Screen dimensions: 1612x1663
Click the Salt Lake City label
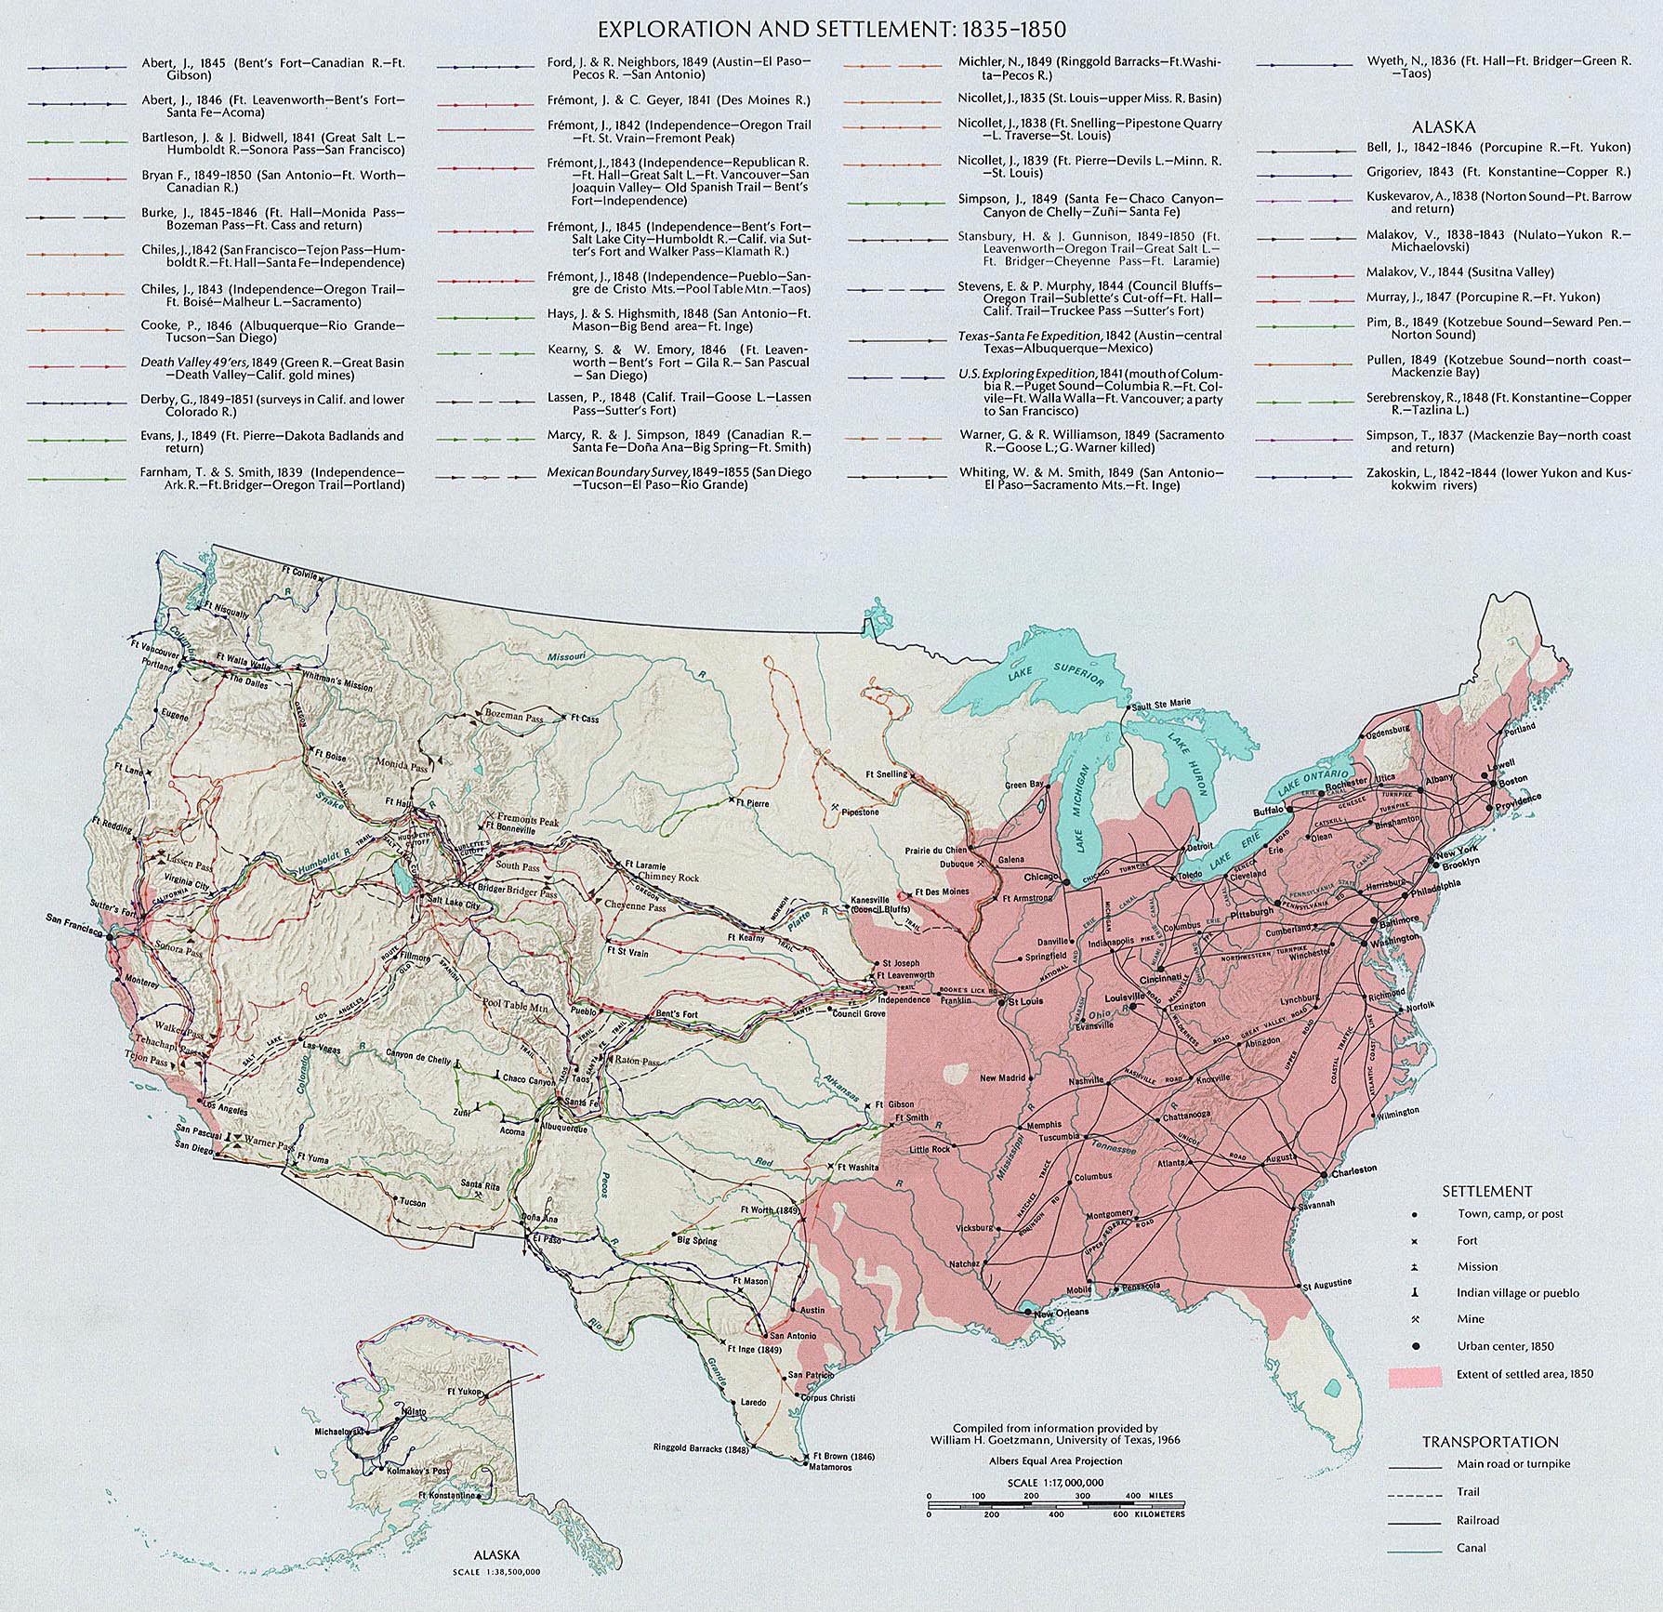[x=454, y=905]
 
